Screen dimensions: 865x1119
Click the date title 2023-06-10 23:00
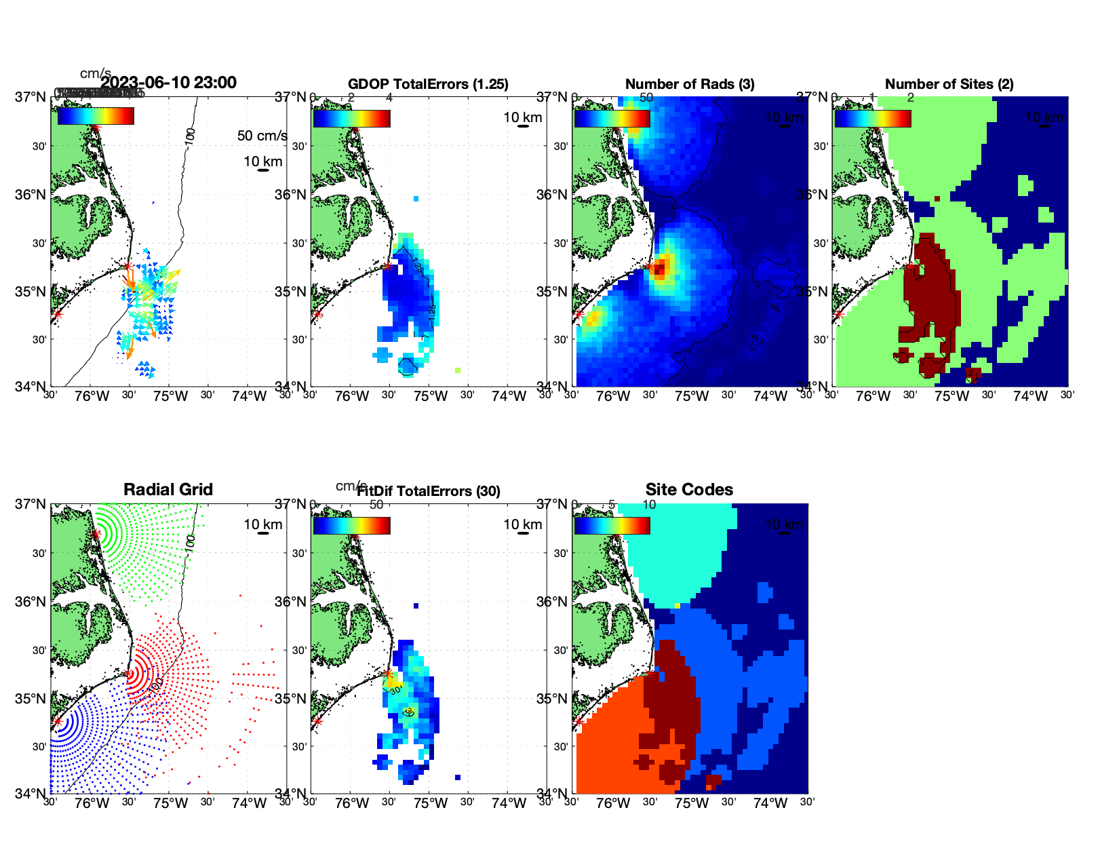coord(168,83)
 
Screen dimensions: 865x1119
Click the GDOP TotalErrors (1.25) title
coord(428,84)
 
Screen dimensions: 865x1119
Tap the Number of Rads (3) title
coord(690,84)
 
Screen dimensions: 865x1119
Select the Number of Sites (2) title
coord(949,84)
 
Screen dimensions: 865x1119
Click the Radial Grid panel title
coord(168,490)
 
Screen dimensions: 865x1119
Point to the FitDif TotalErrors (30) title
coord(429,491)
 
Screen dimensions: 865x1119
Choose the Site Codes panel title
coord(689,490)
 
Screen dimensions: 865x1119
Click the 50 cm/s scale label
coord(262,136)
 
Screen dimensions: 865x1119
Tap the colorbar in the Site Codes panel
coord(612,526)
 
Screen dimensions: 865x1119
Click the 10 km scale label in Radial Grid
coord(263,524)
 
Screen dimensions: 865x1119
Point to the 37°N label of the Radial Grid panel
coord(31,504)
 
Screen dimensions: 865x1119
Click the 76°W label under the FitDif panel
coord(352,804)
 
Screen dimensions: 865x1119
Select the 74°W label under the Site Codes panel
coord(770,804)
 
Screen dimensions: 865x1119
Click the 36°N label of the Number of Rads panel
coord(551,195)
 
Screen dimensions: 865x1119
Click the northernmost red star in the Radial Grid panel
coord(96,534)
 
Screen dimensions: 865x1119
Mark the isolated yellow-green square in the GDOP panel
coord(458,370)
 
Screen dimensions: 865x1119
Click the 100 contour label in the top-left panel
coord(190,134)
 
